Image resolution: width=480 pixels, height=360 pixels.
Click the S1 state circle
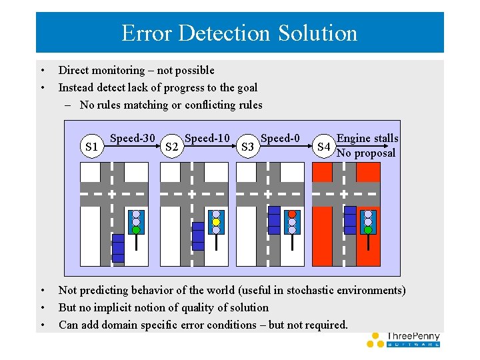tap(92, 146)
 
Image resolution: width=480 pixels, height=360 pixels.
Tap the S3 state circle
tap(247, 146)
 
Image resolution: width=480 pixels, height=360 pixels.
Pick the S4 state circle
tap(323, 146)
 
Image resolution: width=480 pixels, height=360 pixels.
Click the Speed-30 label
tap(132, 138)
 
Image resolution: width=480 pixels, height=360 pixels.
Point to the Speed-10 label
tap(207, 138)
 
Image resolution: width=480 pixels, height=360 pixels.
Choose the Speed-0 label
tap(280, 138)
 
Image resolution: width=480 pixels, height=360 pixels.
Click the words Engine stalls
tap(367, 138)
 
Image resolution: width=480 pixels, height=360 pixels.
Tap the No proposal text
tap(366, 153)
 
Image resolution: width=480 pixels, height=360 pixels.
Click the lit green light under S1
tap(136, 230)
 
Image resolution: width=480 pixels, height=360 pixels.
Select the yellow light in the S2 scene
tap(216, 222)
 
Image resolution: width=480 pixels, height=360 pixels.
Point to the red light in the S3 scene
tap(291, 214)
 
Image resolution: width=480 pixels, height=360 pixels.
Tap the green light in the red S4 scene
tap(368, 230)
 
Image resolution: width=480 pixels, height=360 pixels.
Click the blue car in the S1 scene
tap(118, 248)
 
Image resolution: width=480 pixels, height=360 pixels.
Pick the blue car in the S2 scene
tap(198, 235)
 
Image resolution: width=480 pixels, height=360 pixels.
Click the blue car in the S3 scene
tap(274, 220)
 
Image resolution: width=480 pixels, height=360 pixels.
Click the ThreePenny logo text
tap(413, 337)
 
